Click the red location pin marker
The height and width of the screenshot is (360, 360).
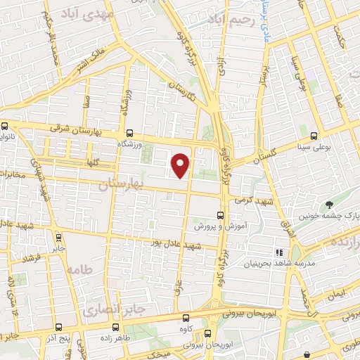[x=181, y=165]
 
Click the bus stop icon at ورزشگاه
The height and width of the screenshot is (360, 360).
[x=129, y=132]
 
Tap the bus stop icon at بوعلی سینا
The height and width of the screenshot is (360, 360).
[x=314, y=136]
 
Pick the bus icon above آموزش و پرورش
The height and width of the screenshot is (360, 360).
[x=220, y=215]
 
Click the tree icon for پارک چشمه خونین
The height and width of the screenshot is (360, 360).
[x=329, y=205]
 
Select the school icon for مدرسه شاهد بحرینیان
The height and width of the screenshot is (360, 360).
[x=280, y=252]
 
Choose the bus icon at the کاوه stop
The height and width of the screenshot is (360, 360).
[x=185, y=317]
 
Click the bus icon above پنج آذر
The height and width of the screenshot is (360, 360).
[x=58, y=326]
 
